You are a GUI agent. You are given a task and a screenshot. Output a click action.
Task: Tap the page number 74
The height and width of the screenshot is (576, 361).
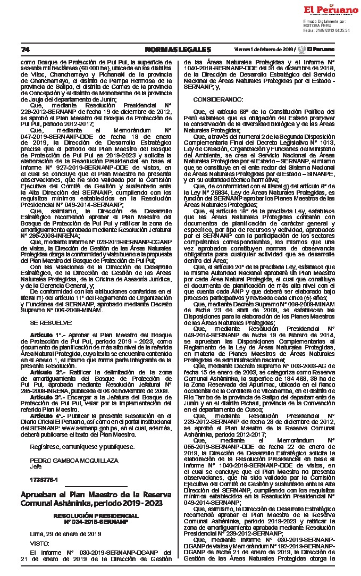(25, 49)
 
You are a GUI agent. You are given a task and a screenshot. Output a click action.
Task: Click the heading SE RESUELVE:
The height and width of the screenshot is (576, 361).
(51, 322)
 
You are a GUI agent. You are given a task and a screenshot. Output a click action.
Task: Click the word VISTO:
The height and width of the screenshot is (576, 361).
(39, 543)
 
